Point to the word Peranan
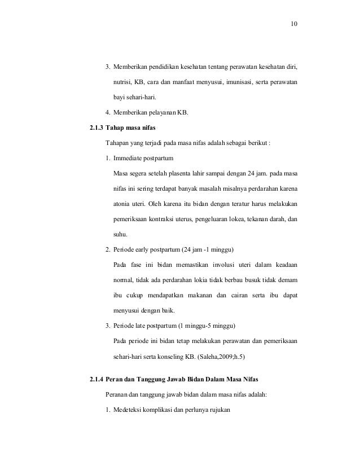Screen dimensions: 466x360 point(118,394)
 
